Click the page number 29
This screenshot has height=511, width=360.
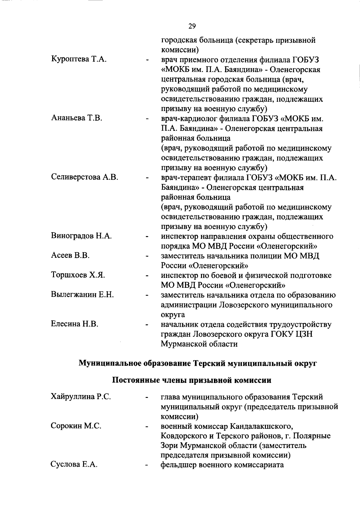click(192, 26)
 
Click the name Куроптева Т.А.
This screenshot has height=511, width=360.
click(79, 60)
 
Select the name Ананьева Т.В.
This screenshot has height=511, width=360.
click(76, 119)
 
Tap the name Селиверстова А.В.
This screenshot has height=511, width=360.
click(85, 177)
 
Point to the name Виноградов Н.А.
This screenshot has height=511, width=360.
click(81, 236)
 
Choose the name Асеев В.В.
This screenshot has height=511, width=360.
click(70, 256)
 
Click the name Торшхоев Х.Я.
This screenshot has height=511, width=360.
click(78, 275)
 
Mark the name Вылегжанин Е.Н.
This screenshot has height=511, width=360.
click(82, 295)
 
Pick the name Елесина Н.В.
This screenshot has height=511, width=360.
click(75, 324)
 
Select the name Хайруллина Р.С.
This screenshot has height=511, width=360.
click(81, 397)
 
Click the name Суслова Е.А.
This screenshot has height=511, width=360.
click(74, 465)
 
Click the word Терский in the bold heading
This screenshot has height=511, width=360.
click(209, 364)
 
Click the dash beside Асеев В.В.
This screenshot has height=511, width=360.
click(147, 257)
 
